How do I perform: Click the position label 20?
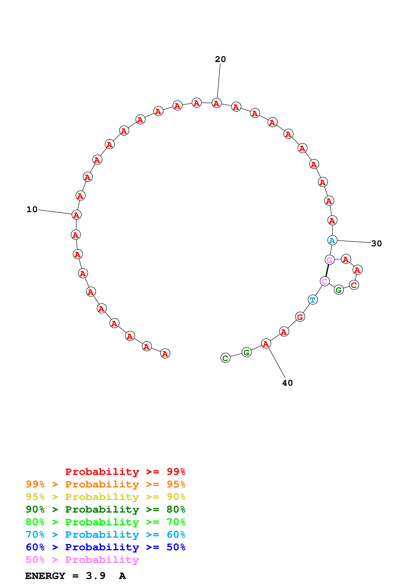220,59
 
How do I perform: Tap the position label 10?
32,210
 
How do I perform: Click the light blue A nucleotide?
332,241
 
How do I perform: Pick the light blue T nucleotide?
313,300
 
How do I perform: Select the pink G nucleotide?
330,260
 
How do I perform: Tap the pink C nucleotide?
325,281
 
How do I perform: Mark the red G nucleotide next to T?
300,317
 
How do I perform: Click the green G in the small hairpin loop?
339,290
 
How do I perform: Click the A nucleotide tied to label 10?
76,215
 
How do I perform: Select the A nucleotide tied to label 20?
217,103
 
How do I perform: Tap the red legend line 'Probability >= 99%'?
125,472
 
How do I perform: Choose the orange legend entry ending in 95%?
105,484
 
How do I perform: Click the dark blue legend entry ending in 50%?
105,547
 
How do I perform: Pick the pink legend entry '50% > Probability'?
82,560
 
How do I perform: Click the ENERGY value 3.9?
96,576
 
